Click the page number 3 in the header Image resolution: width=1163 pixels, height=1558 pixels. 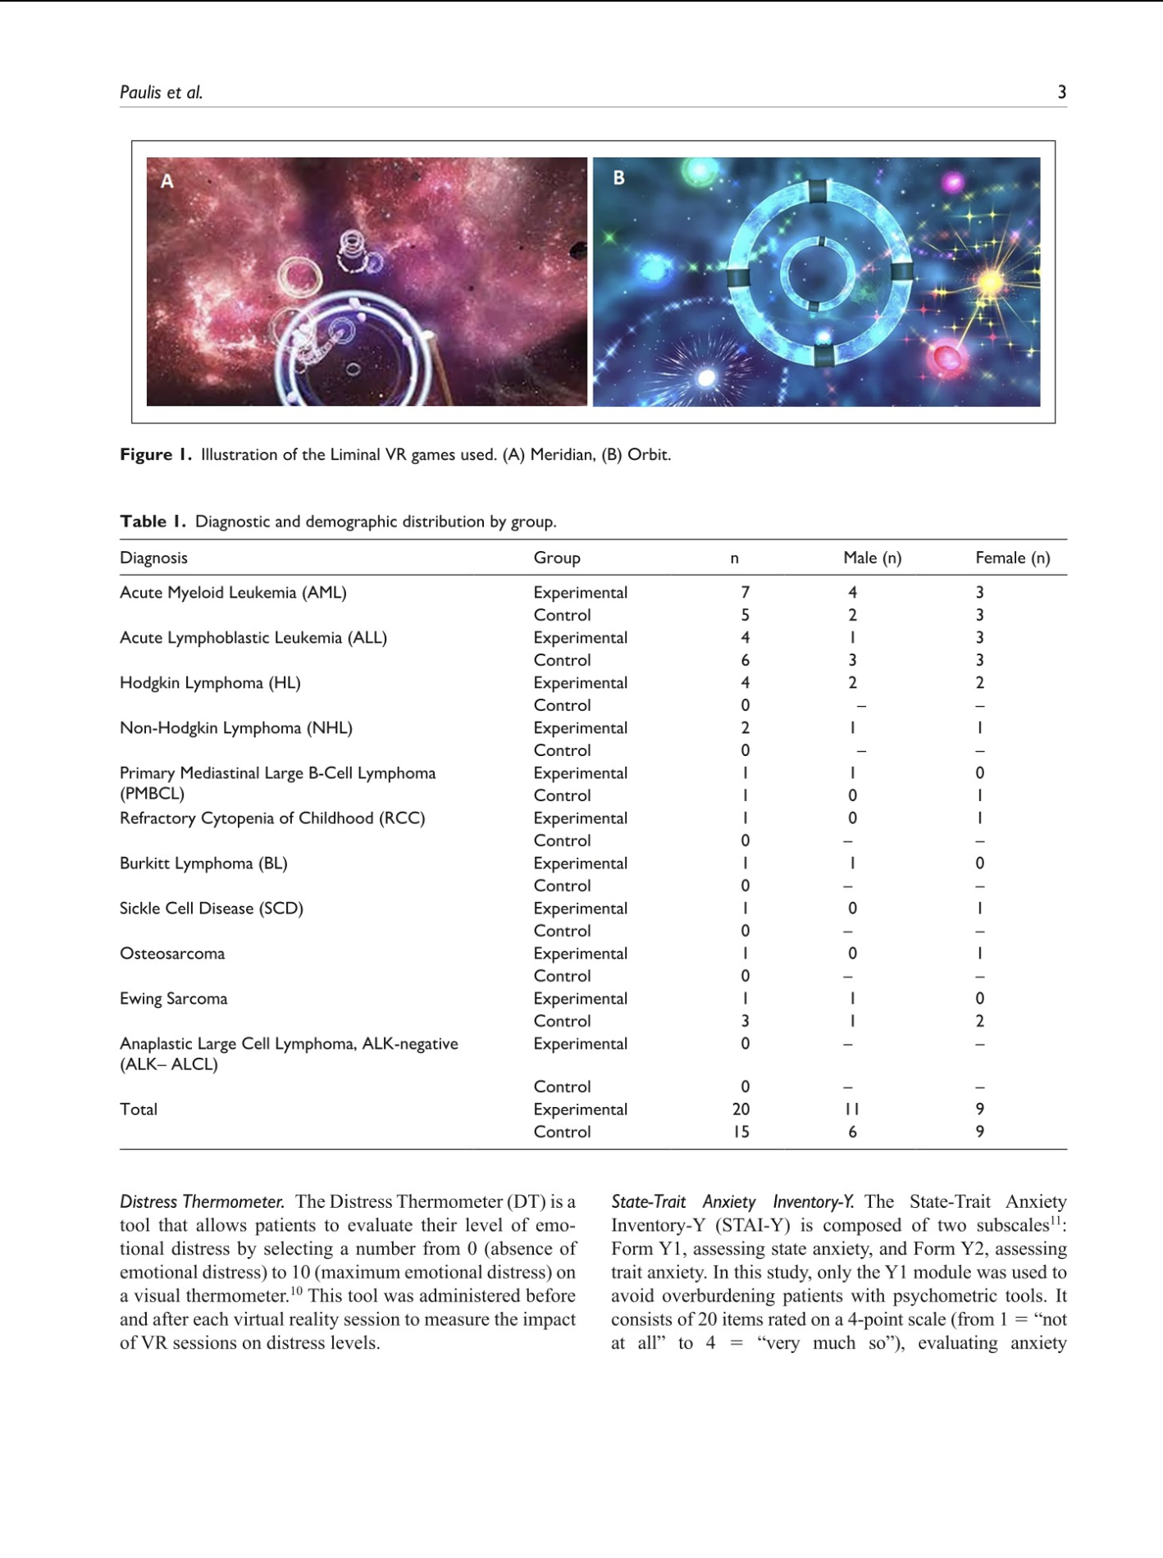[x=1061, y=92]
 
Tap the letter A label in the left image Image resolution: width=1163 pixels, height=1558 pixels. [x=166, y=181]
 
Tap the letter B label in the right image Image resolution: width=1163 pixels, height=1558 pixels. [x=619, y=178]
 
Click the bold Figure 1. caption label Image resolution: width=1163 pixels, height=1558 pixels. [x=156, y=454]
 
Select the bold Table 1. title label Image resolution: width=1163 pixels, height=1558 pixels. [x=153, y=522]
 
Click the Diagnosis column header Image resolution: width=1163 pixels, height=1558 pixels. [x=153, y=558]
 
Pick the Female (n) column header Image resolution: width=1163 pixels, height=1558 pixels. [x=1012, y=558]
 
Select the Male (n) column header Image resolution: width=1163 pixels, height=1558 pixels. [x=872, y=558]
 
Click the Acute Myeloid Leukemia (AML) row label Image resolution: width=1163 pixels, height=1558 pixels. [x=233, y=592]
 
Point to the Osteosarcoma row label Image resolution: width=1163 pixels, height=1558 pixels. [x=172, y=954]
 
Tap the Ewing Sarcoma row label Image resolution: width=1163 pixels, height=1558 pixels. [x=174, y=999]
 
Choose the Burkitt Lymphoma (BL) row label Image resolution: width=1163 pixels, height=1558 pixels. [x=203, y=863]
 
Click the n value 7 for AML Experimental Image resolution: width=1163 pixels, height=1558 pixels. [x=745, y=592]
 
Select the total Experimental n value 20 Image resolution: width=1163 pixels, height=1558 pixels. [x=741, y=1109]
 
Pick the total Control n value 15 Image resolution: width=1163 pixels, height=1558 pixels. [x=741, y=1132]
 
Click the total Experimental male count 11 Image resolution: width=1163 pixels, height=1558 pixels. [x=852, y=1109]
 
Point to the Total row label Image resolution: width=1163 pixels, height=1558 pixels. [x=139, y=1109]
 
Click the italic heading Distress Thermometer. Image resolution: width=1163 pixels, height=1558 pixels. [x=202, y=1202]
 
